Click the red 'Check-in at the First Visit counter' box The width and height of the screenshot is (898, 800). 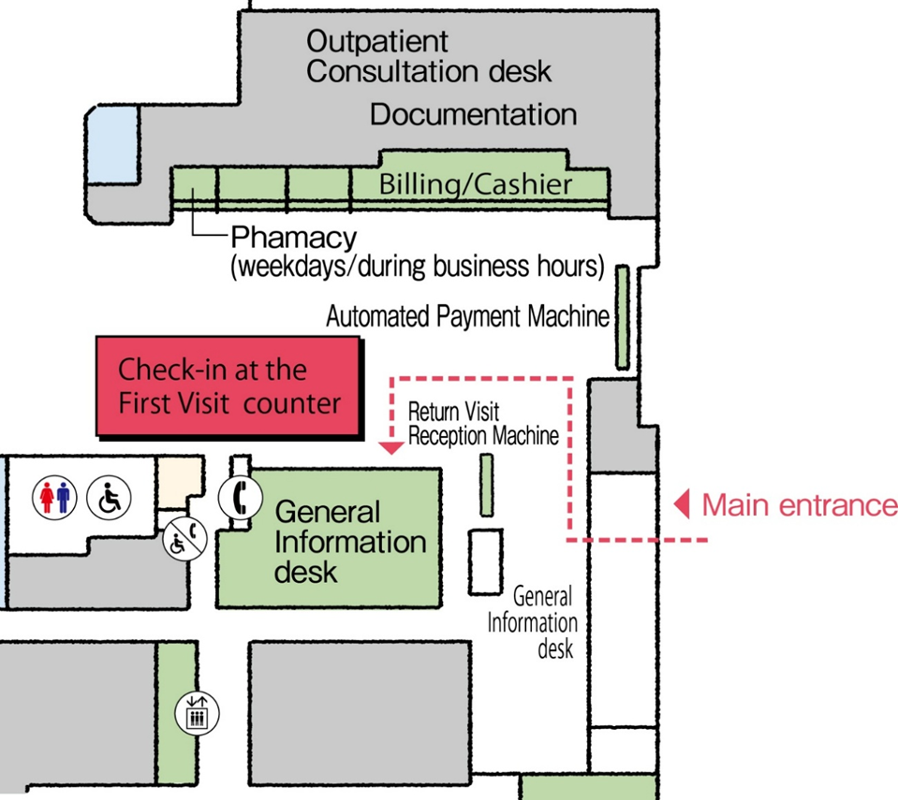[x=229, y=385]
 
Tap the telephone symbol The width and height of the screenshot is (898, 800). [x=238, y=497]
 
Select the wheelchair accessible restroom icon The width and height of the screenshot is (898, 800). [x=109, y=496]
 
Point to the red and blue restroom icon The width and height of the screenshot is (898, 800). [x=53, y=496]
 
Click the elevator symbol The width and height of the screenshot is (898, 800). [x=197, y=714]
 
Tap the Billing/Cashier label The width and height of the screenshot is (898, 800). [x=475, y=184]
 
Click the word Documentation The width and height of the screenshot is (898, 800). [x=473, y=115]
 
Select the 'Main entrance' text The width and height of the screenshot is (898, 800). [x=799, y=505]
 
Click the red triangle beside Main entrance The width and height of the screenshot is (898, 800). [x=684, y=505]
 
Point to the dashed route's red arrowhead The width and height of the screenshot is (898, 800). [x=392, y=447]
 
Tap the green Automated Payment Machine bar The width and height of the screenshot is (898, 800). [x=622, y=316]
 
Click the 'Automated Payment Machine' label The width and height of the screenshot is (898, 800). [x=467, y=317]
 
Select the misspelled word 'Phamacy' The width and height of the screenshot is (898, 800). [x=293, y=237]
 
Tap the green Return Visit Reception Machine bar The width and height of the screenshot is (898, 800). [x=486, y=485]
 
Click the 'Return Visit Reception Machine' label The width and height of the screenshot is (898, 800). [x=483, y=424]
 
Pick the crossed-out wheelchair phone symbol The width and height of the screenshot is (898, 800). [x=181, y=539]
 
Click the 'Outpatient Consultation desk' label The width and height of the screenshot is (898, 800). [x=428, y=56]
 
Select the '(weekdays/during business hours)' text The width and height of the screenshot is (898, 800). [x=416, y=267]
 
